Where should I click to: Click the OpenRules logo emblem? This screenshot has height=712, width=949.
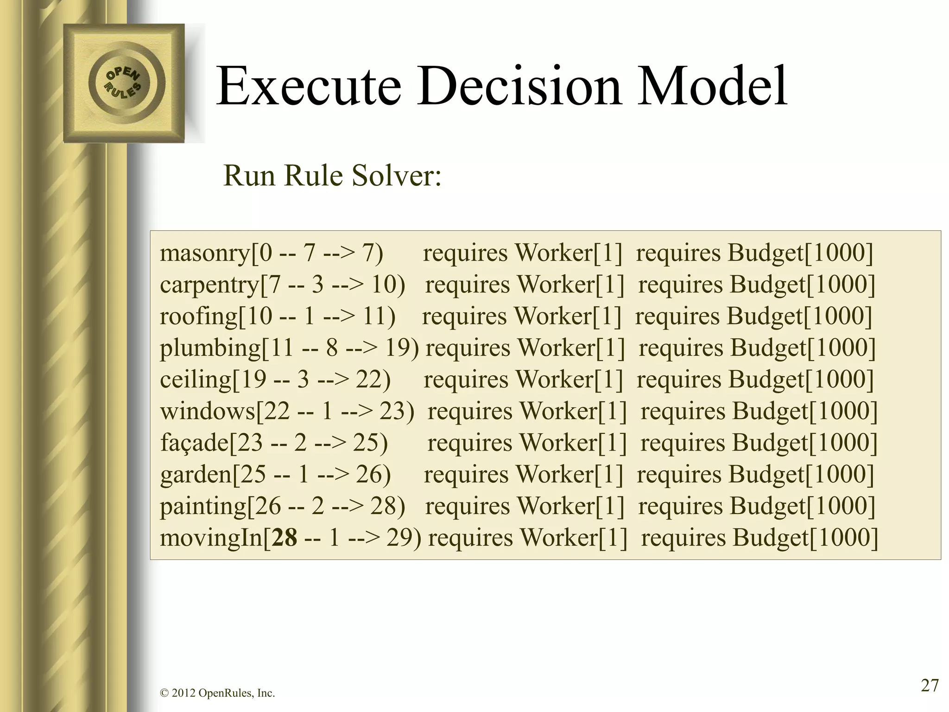124,83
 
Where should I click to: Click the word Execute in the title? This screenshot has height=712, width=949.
308,87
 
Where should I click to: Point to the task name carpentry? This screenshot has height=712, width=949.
209,285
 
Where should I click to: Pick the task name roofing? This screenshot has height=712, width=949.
199,316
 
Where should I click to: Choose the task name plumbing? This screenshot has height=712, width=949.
210,348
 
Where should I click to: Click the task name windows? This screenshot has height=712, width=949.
208,411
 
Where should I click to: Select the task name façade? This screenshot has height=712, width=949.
195,443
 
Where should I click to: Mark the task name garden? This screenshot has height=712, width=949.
196,474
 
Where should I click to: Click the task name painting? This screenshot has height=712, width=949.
203,506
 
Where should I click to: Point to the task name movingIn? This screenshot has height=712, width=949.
211,538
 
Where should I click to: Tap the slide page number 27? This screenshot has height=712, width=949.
930,685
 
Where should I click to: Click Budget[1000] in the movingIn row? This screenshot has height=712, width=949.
805,538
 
